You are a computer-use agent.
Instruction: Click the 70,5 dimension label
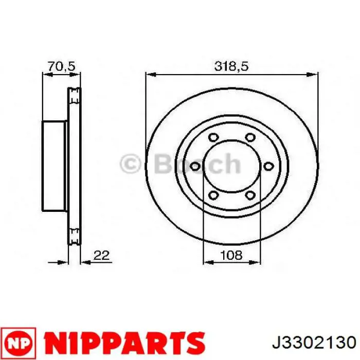pyautogui.click(x=61, y=66)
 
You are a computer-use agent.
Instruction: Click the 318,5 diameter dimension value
pyautogui.click(x=231, y=66)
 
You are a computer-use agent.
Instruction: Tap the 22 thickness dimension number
pyautogui.click(x=101, y=255)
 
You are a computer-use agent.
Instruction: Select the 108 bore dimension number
pyautogui.click(x=231, y=255)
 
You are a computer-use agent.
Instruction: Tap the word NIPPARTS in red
pyautogui.click(x=124, y=344)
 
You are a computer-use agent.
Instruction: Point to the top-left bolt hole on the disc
pyautogui.click(x=213, y=137)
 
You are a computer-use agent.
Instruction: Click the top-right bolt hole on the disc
pyautogui.click(x=250, y=137)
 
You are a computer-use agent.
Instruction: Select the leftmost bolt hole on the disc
pyautogui.click(x=195, y=166)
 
